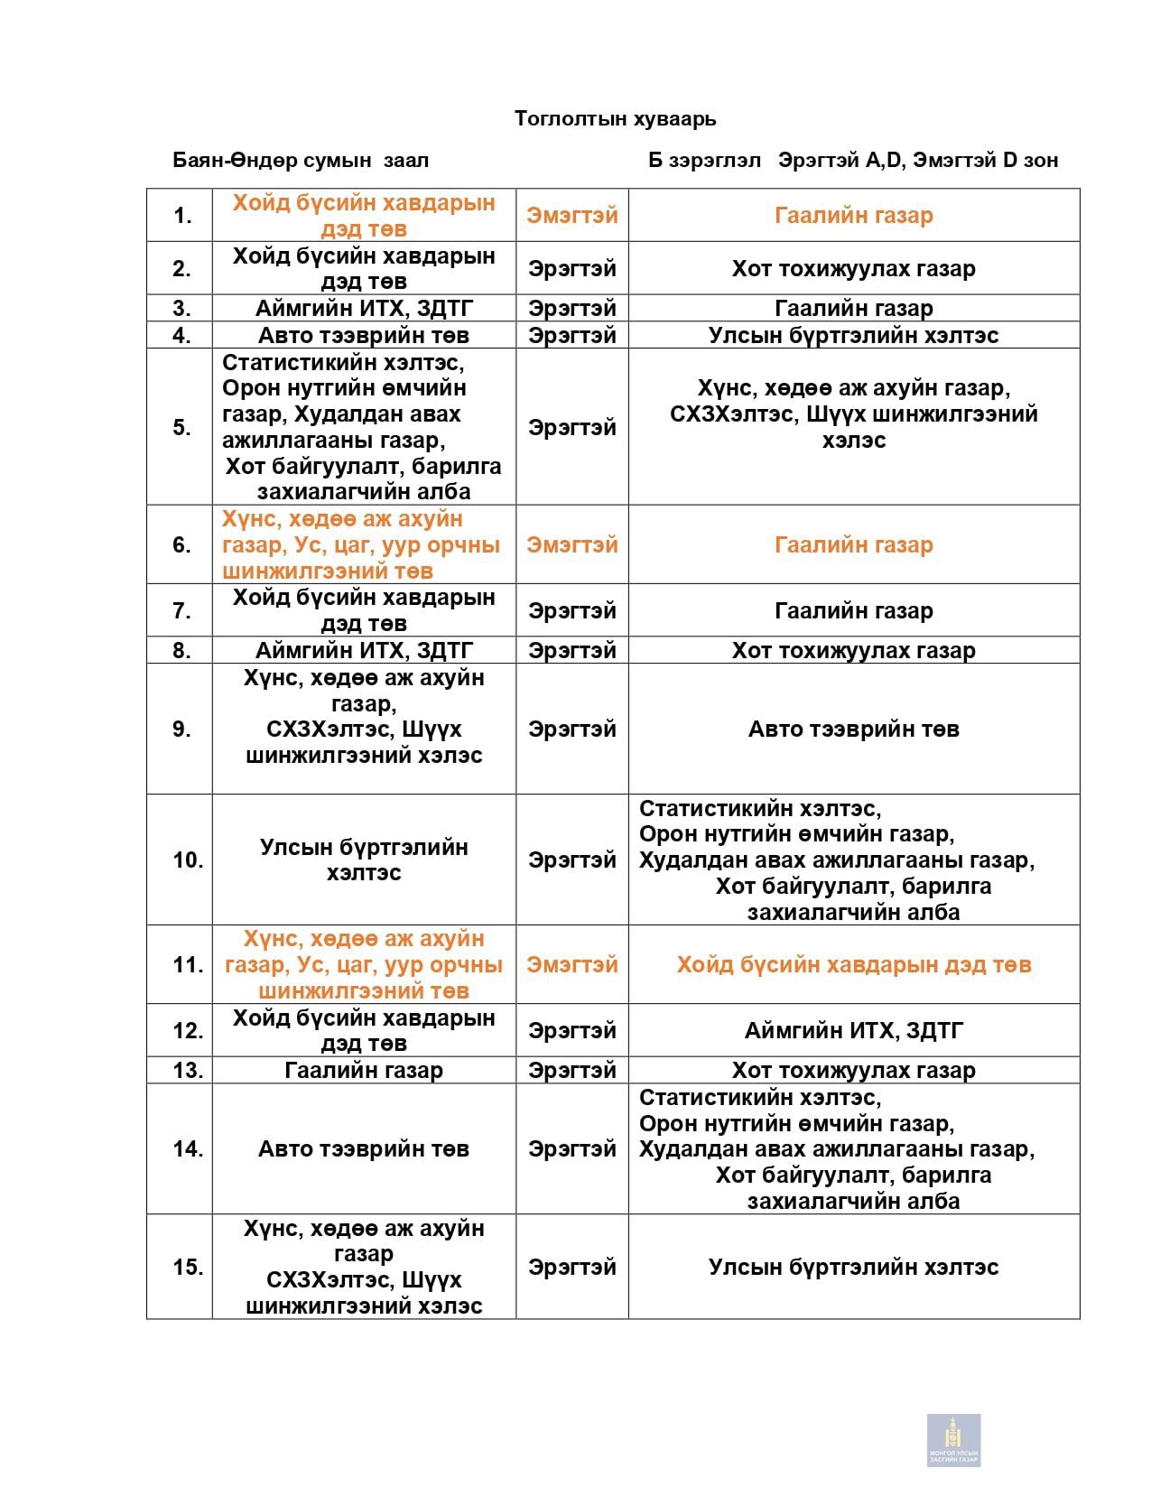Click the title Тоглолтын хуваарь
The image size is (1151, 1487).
(x=615, y=118)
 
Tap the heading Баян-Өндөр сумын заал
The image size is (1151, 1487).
(x=301, y=161)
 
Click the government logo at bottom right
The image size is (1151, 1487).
(x=953, y=1439)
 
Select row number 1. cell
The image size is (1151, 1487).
(x=182, y=216)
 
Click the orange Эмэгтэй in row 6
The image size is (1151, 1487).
(x=572, y=544)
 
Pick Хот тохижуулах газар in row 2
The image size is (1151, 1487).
(x=853, y=268)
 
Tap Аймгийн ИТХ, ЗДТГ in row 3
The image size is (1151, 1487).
(x=364, y=309)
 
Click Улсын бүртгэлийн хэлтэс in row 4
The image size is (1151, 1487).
(x=853, y=336)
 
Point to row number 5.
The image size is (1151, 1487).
(x=182, y=427)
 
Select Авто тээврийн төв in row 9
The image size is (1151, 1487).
(x=853, y=730)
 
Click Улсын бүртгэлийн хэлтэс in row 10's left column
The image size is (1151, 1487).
(x=364, y=860)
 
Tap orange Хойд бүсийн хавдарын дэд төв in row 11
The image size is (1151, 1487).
(x=853, y=965)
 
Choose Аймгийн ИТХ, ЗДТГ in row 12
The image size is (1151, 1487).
(x=853, y=1030)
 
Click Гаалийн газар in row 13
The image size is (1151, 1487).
(x=364, y=1071)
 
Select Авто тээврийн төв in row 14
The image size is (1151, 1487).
(x=364, y=1149)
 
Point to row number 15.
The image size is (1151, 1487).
(x=187, y=1268)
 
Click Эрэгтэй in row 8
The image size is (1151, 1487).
(x=572, y=651)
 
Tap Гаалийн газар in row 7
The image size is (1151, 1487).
(x=853, y=611)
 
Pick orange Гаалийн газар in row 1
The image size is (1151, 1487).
(x=853, y=216)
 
